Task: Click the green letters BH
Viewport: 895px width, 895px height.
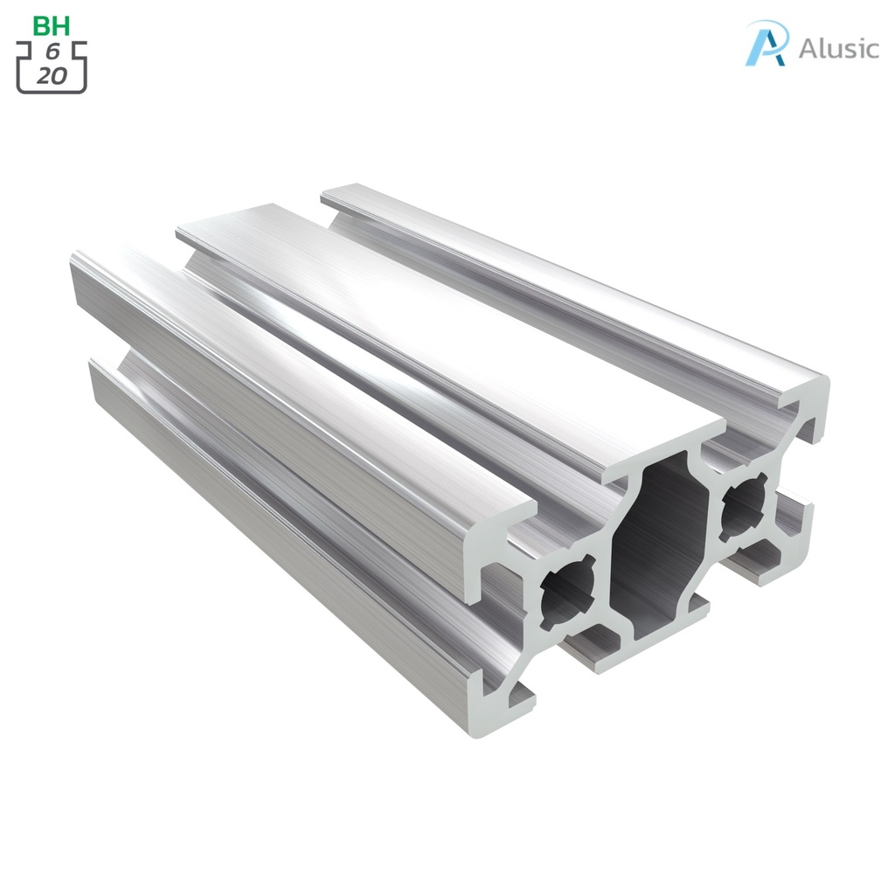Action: pyautogui.click(x=52, y=25)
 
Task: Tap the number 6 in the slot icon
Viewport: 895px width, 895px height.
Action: pyautogui.click(x=52, y=53)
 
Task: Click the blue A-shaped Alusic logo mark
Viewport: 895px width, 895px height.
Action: pyautogui.click(x=767, y=44)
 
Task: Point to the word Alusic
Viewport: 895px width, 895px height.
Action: pyautogui.click(x=838, y=48)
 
